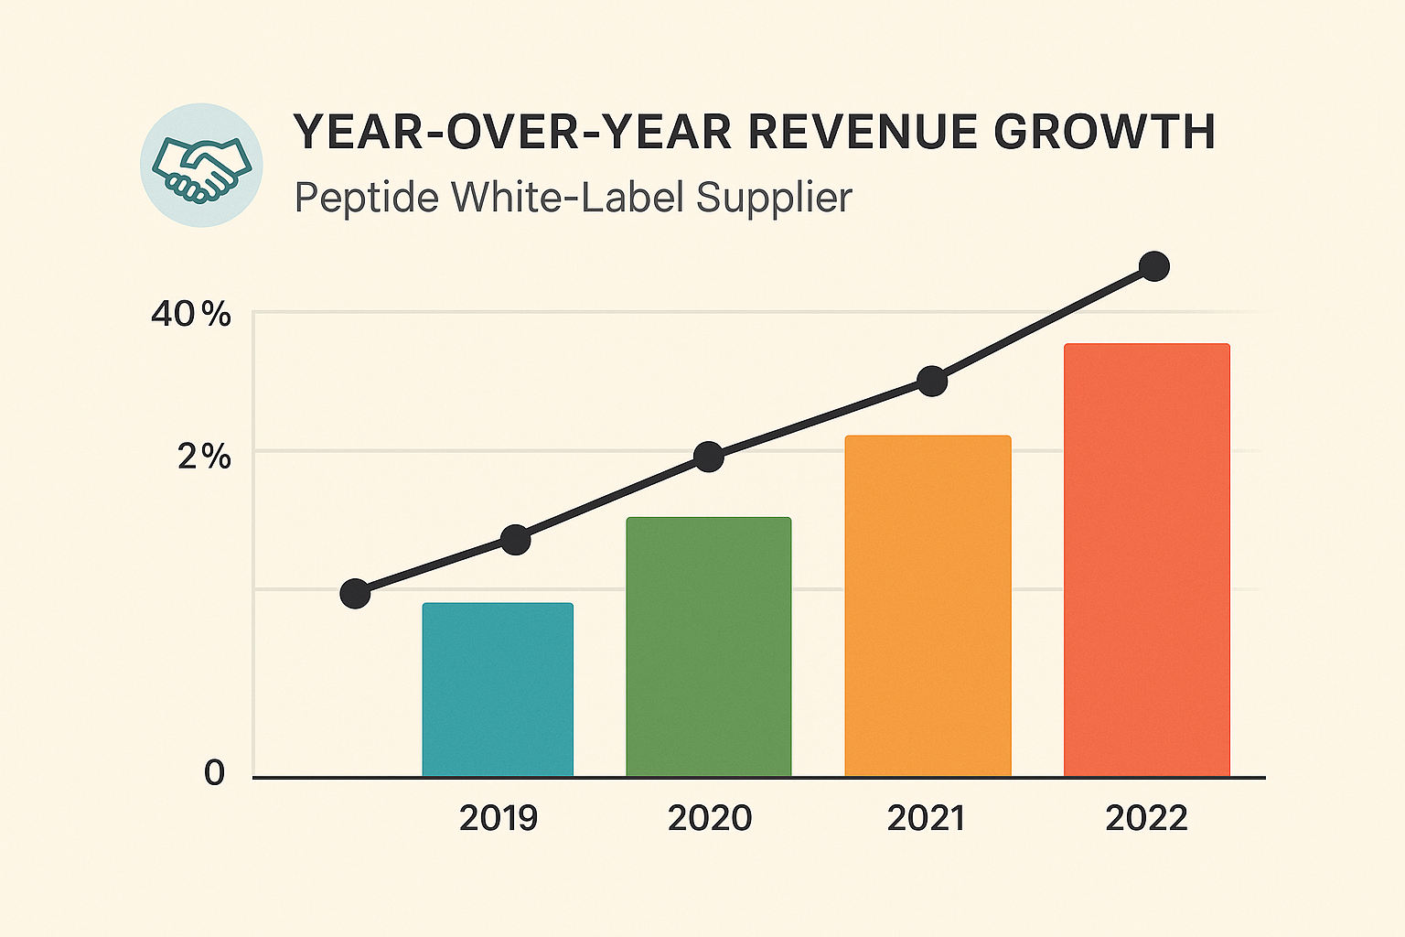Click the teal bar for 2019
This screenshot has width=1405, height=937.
(498, 690)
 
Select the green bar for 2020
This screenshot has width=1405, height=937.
(709, 647)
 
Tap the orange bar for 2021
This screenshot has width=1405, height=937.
(928, 606)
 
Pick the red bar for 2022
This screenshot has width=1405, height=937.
(1147, 560)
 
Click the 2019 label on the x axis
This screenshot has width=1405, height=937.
(499, 818)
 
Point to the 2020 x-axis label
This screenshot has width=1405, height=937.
(710, 818)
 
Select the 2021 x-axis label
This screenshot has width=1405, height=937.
(926, 818)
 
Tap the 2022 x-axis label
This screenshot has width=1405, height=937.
(1146, 818)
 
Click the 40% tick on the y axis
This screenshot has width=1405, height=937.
(191, 315)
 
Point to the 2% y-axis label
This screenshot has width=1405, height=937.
(204, 456)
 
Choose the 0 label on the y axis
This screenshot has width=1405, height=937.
(214, 773)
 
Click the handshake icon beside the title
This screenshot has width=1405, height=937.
(202, 166)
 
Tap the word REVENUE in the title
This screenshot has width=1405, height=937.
(863, 133)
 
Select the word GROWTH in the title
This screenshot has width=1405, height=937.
(1105, 133)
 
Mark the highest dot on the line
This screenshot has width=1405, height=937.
(1154, 266)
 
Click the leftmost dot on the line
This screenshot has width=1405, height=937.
(355, 594)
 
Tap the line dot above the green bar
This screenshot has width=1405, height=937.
(709, 457)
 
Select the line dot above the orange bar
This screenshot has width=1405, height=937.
(932, 381)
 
